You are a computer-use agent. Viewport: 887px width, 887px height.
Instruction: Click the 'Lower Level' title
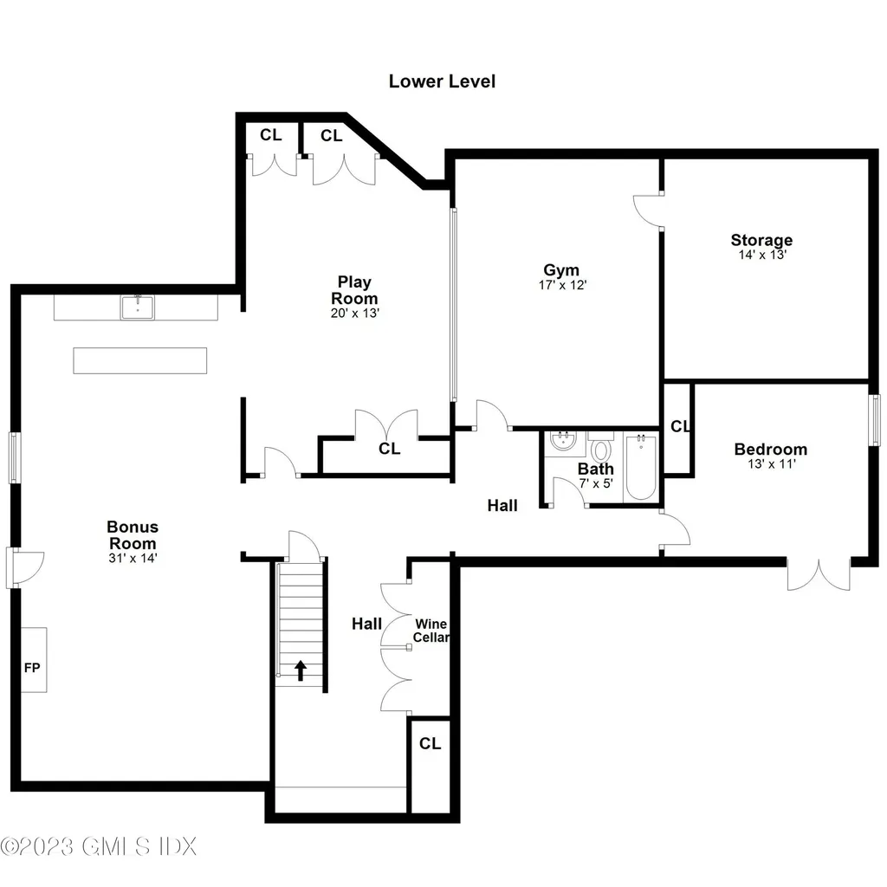[x=442, y=81]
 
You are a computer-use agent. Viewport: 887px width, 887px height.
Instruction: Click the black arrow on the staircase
[x=301, y=670]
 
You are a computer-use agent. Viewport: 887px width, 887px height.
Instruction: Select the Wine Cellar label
[x=431, y=631]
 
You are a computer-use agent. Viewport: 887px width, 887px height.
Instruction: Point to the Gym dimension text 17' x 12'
[x=561, y=284]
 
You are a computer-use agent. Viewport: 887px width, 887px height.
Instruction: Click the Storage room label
[x=761, y=240]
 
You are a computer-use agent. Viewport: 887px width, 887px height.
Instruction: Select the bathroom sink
[x=564, y=443]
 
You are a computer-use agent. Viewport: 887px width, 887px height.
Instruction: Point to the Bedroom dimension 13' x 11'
[x=770, y=464]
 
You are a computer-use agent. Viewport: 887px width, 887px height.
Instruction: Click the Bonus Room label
[x=133, y=534]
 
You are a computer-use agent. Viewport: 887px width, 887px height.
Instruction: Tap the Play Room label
[x=354, y=289]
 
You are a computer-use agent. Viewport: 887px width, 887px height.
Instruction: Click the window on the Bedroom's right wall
[x=875, y=420]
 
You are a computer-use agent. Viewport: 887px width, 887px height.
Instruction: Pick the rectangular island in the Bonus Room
[x=140, y=360]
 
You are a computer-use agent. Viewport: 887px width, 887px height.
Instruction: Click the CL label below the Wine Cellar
[x=430, y=743]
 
